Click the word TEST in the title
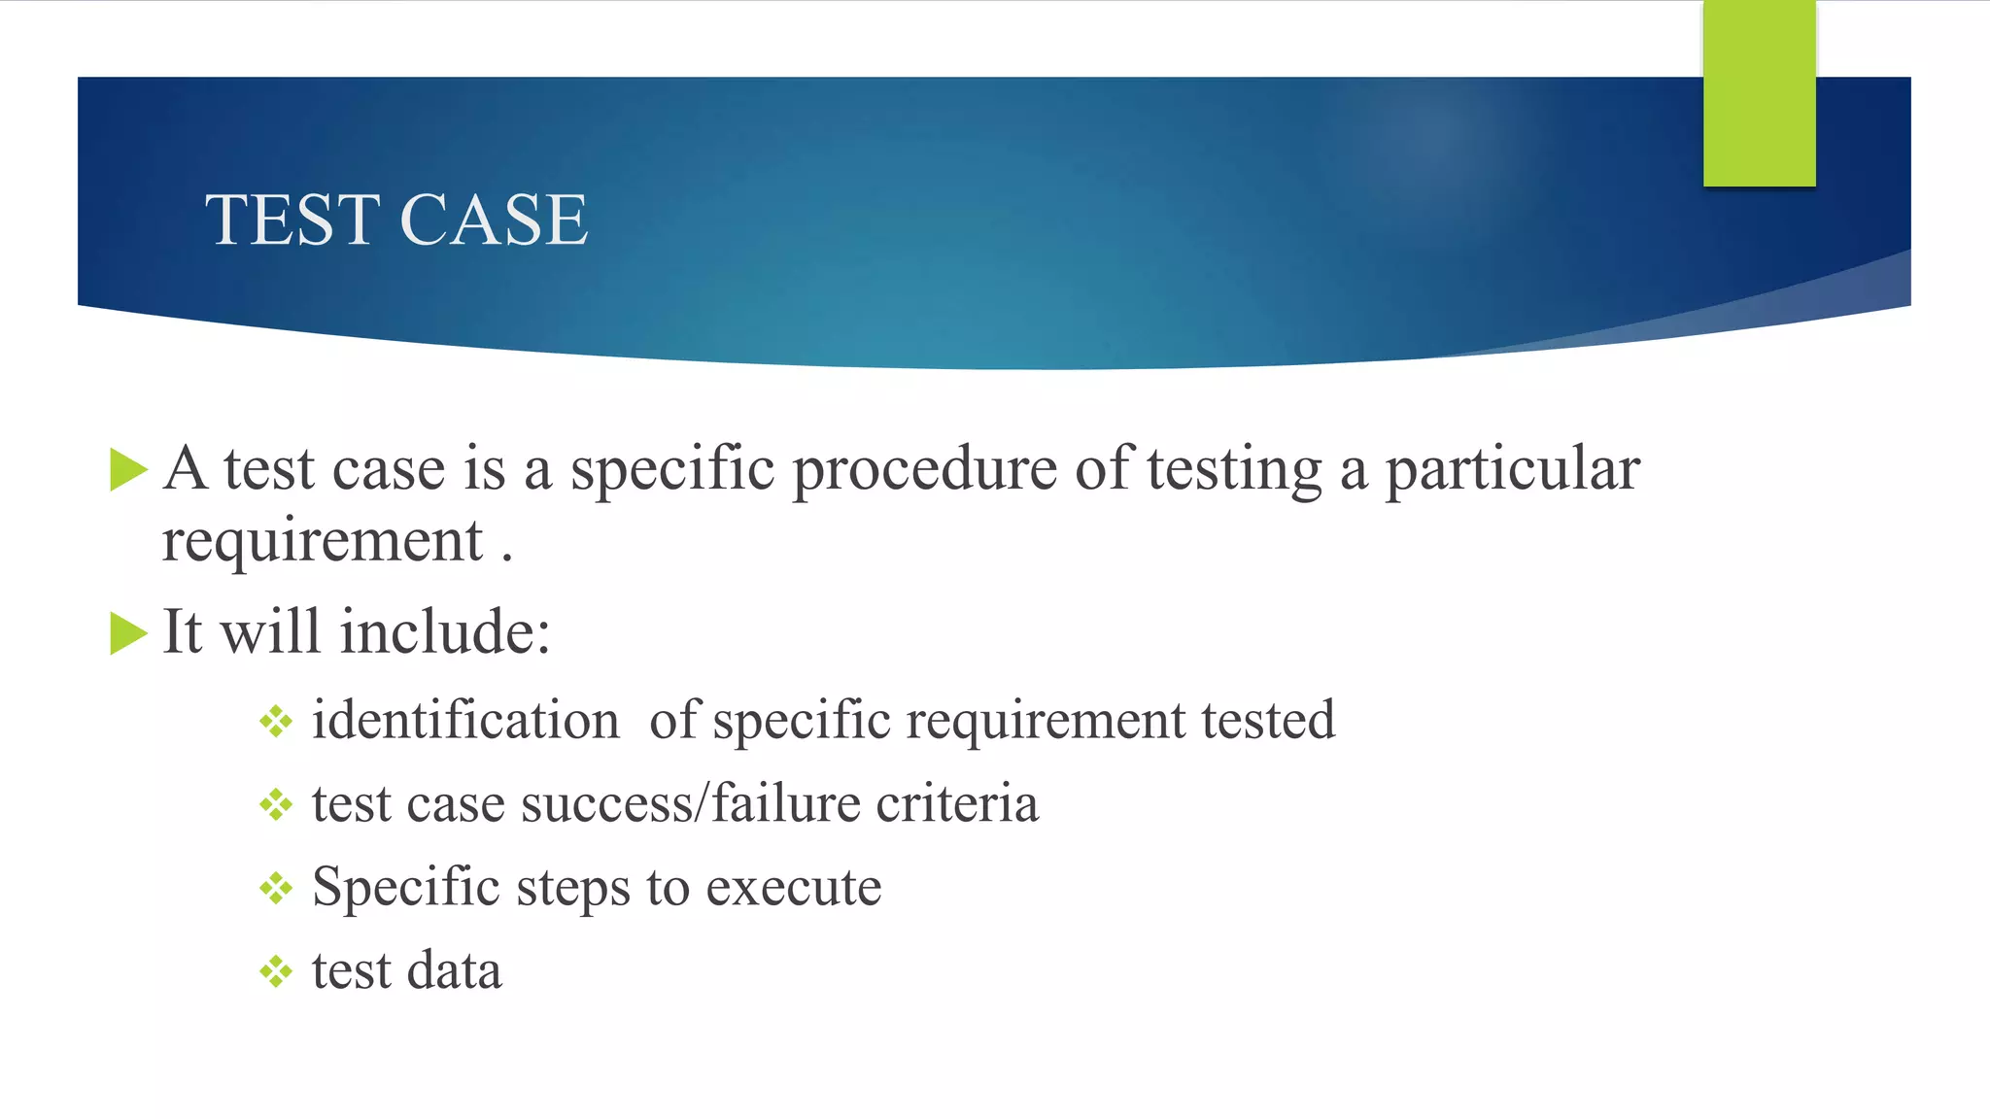pyautogui.click(x=291, y=220)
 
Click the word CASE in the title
pyautogui.click(x=494, y=220)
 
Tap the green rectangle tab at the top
pyautogui.click(x=1759, y=93)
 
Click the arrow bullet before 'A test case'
pyautogui.click(x=128, y=470)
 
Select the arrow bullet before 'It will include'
pyautogui.click(x=128, y=633)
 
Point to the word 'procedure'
pyautogui.click(x=924, y=470)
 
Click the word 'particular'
pyautogui.click(x=1512, y=470)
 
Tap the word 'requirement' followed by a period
pyautogui.click(x=322, y=542)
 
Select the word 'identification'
pyautogui.click(x=465, y=721)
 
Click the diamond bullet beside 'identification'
pyautogui.click(x=276, y=722)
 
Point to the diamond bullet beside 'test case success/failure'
pyautogui.click(x=276, y=805)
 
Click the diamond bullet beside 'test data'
pyautogui.click(x=276, y=971)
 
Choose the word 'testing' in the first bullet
pyautogui.click(x=1234, y=470)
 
